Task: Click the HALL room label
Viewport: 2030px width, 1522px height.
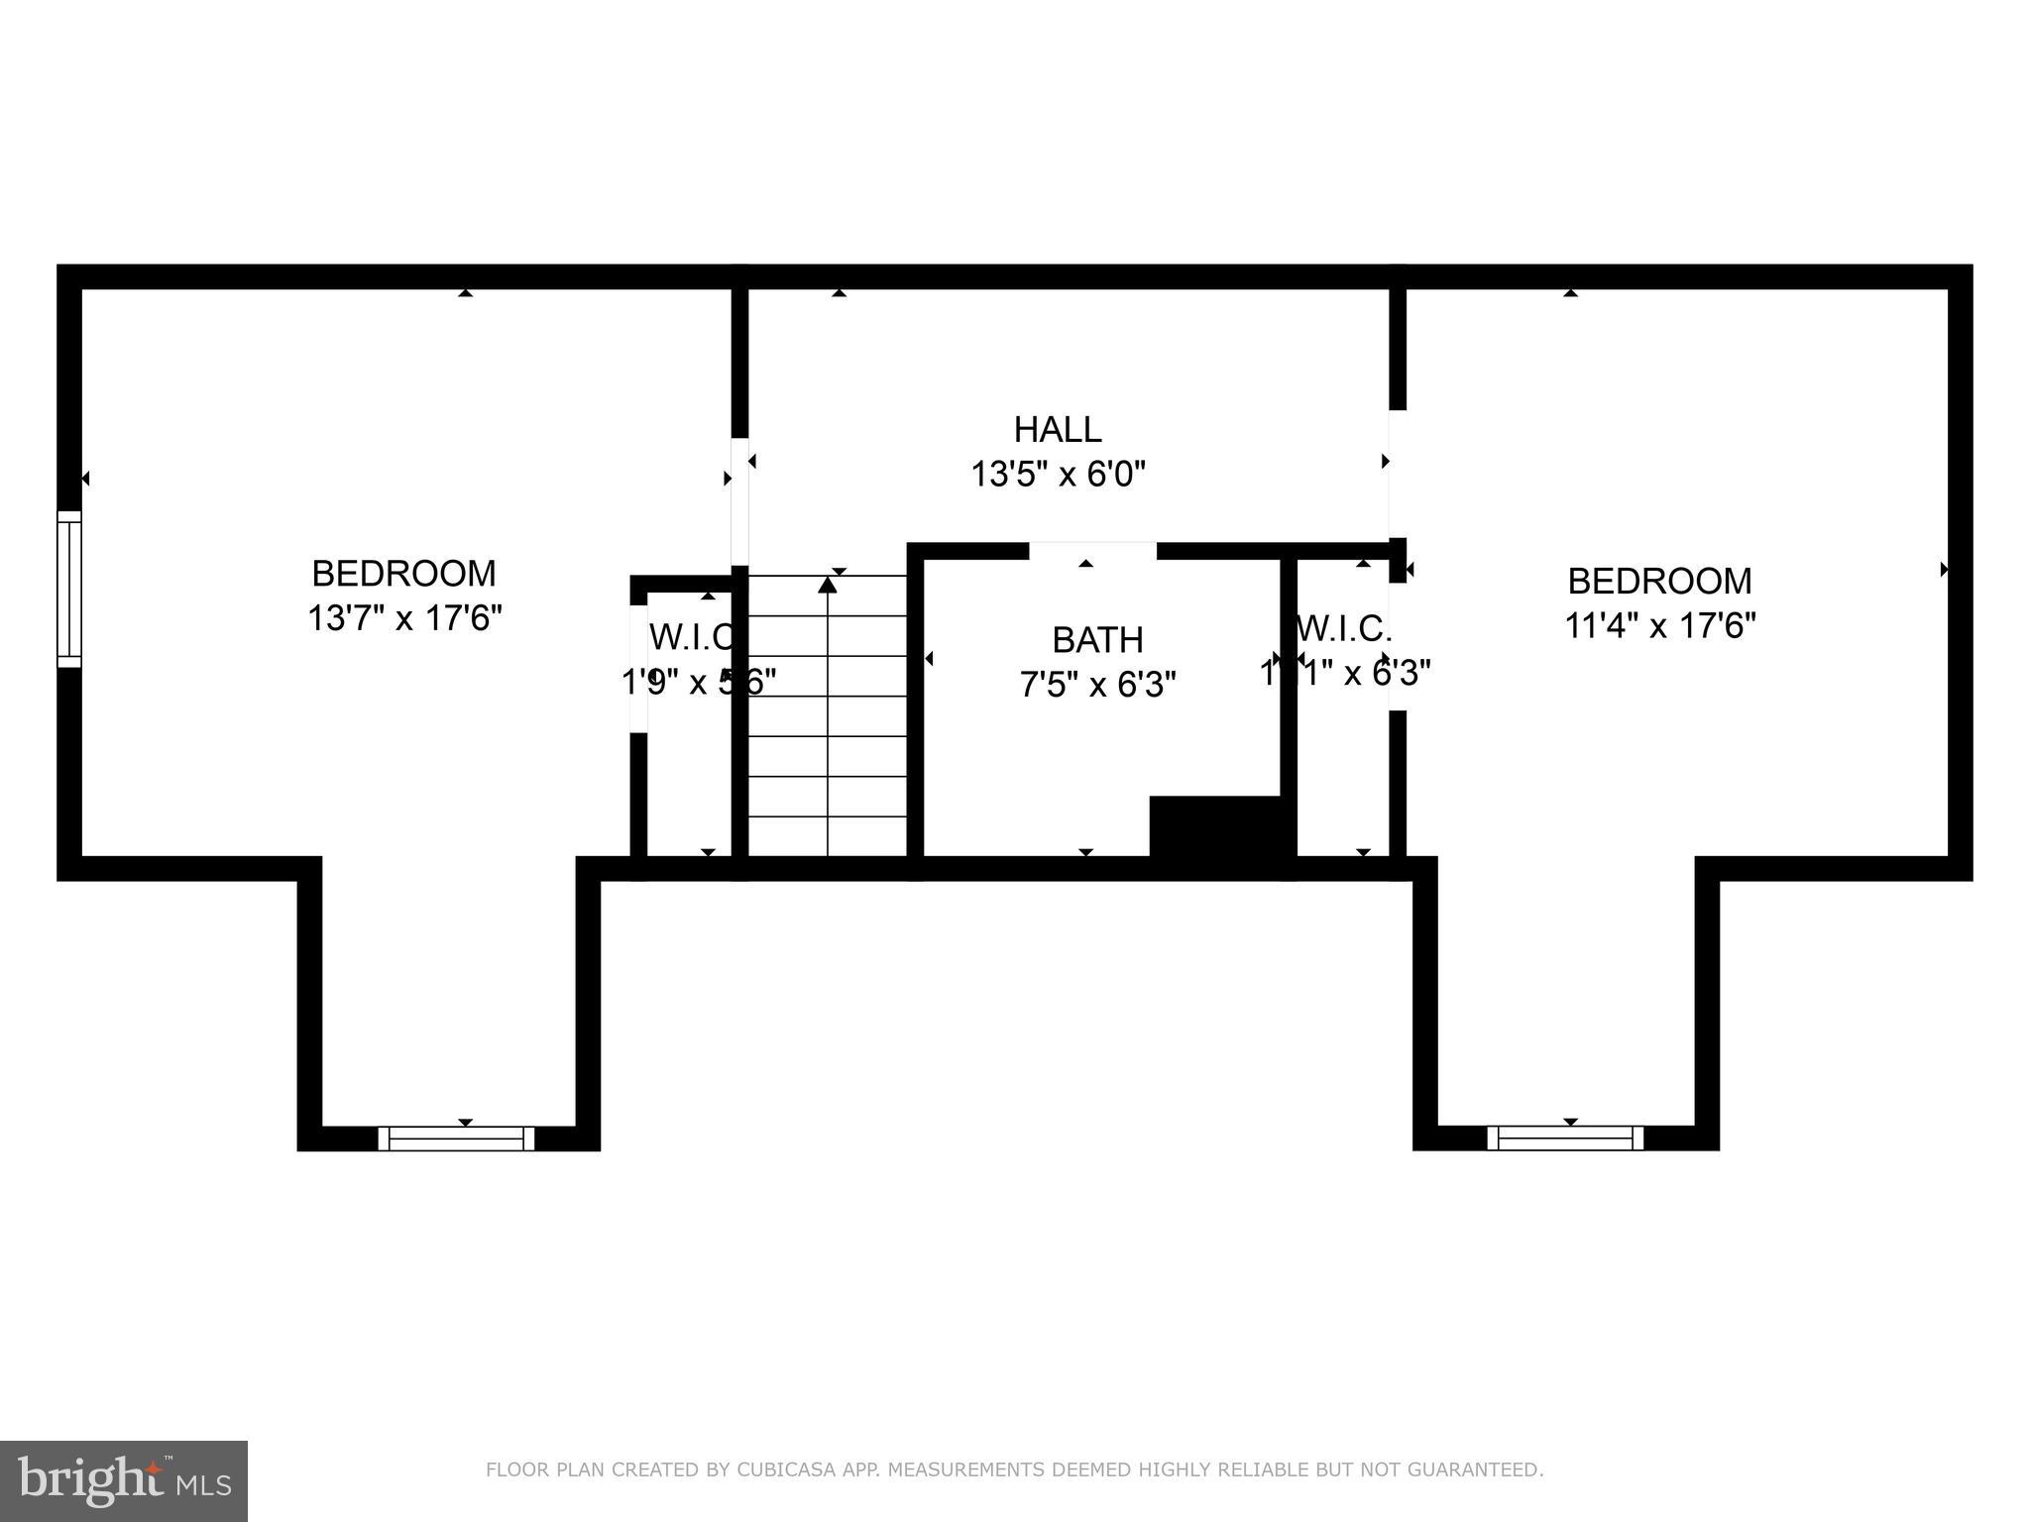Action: pos(1058,429)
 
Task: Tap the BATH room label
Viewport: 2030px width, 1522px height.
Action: pos(1097,640)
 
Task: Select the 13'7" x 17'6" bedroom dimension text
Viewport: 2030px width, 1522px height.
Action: pos(404,618)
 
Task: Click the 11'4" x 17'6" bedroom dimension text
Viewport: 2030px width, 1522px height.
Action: pos(1660,625)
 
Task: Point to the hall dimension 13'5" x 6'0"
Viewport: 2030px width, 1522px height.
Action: pos(1058,475)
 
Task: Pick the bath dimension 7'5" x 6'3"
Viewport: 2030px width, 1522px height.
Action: pos(1097,684)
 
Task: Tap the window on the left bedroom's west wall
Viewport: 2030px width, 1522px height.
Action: pos(68,589)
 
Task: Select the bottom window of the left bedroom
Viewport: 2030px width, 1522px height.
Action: pos(456,1139)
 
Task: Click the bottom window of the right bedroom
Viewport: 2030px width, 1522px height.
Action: pos(1565,1139)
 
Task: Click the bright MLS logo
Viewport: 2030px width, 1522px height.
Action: pos(123,1480)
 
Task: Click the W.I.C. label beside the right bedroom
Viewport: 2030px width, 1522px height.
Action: pos(1344,628)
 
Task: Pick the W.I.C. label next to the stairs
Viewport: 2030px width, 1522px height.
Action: pos(692,637)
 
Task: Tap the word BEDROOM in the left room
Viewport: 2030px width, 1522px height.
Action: pos(404,574)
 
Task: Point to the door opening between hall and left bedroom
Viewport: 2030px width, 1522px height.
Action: pos(739,500)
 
